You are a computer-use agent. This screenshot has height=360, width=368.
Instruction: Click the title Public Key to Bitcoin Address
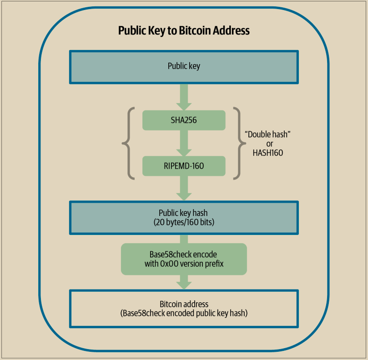tap(184, 31)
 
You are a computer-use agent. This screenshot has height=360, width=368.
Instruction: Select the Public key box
tap(184, 66)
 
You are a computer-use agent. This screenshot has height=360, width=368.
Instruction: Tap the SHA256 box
tap(184, 120)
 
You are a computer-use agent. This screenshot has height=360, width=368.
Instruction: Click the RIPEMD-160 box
tap(184, 166)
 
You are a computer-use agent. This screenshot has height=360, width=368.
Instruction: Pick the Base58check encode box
tap(184, 259)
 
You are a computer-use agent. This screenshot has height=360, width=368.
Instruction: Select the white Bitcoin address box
tap(184, 308)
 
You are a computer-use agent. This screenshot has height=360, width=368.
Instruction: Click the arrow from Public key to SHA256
tap(184, 96)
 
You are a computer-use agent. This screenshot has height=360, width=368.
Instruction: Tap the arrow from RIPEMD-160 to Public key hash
tap(184, 187)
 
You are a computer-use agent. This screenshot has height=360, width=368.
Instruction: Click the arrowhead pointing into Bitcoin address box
tap(184, 284)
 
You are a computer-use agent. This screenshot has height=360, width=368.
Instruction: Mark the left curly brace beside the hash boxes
tap(127, 143)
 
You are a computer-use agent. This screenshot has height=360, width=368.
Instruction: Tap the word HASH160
tap(267, 153)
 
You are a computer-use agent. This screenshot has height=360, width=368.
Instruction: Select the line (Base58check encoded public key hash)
tap(184, 313)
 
